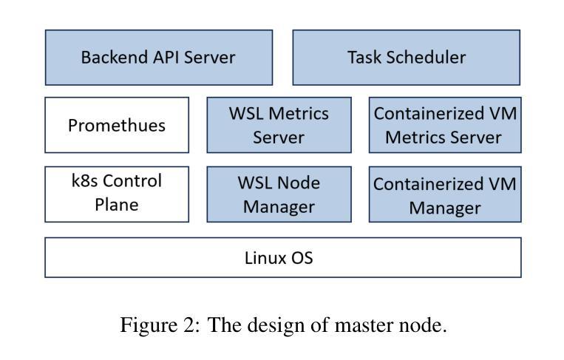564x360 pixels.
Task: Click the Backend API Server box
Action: [159, 58]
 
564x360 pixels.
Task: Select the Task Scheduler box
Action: [406, 58]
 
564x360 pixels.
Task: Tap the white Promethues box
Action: [117, 125]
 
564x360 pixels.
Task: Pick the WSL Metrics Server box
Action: [279, 125]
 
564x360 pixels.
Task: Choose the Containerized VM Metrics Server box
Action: [445, 125]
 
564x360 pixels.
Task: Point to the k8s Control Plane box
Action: [117, 194]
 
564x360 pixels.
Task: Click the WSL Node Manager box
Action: [279, 194]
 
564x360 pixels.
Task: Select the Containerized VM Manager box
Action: [445, 194]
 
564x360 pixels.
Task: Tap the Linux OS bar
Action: [283, 257]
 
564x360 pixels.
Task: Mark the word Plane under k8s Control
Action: [117, 205]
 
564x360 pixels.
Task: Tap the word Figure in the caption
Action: [149, 325]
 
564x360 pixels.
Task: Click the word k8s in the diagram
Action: [84, 180]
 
